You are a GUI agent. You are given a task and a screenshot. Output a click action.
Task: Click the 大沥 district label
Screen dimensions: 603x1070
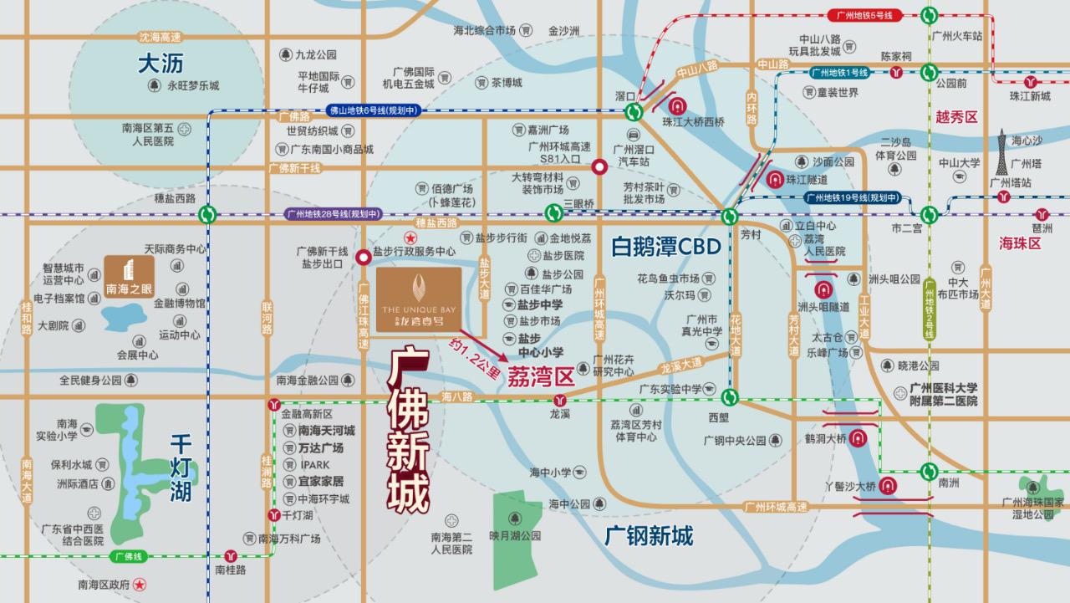[x=160, y=64]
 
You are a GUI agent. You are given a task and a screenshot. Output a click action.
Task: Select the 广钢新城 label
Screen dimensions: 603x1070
[x=649, y=535]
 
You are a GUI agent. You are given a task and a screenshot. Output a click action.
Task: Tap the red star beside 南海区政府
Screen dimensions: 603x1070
[x=140, y=584]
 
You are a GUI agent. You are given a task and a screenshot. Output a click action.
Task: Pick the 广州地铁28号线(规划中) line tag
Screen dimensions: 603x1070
[x=333, y=213]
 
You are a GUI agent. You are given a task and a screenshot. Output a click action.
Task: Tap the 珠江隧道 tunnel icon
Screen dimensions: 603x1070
[x=775, y=179]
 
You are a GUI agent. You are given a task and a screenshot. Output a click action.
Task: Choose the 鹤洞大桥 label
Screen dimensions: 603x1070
[x=825, y=437]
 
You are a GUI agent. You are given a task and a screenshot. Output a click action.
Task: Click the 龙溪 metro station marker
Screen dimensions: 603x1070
[x=559, y=400]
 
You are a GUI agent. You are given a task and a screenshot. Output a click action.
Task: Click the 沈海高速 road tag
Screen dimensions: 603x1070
[x=160, y=38]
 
